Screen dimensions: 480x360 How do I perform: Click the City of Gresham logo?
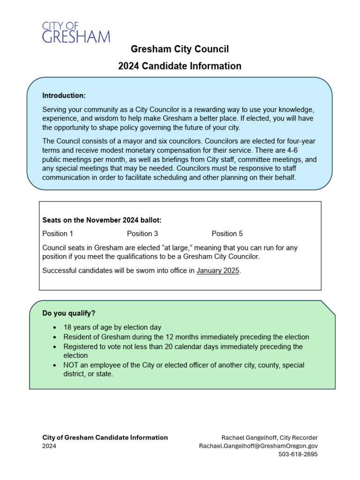point(75,32)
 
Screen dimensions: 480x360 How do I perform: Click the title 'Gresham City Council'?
point(180,49)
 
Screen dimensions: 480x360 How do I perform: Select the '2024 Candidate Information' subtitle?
point(180,66)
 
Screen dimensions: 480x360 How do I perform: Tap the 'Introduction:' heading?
point(64,96)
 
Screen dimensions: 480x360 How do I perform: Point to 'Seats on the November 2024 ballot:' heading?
point(102,220)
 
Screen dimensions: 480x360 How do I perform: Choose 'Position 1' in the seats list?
point(58,233)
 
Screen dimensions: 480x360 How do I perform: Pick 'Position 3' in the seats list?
point(142,233)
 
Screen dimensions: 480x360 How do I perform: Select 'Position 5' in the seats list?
point(227,233)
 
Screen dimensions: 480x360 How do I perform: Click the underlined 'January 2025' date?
point(218,270)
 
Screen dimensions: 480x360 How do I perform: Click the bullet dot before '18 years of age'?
point(55,328)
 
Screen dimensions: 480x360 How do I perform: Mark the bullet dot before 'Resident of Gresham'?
point(55,337)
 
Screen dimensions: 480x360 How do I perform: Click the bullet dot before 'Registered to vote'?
point(55,346)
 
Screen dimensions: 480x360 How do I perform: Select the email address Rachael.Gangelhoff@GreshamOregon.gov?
point(258,446)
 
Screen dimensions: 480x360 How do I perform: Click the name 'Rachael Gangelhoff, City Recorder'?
point(270,437)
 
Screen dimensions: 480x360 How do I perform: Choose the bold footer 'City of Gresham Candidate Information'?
point(105,437)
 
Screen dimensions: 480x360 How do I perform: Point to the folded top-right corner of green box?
point(329,307)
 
